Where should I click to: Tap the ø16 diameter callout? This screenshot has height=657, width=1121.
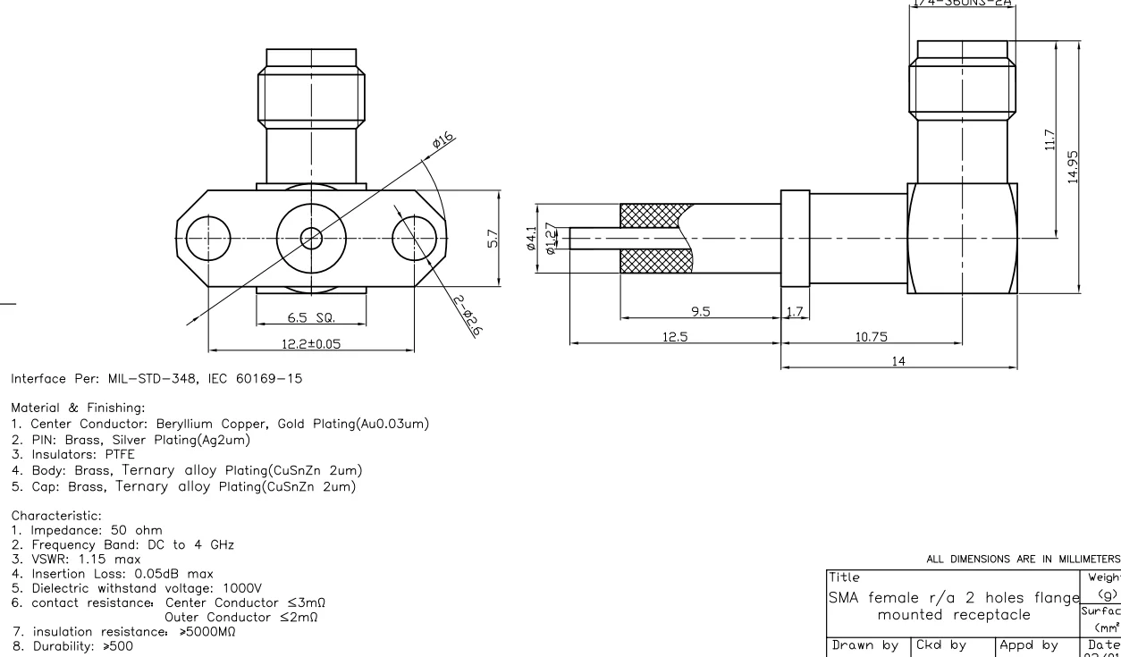point(442,139)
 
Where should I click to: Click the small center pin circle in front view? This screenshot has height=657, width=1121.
point(310,239)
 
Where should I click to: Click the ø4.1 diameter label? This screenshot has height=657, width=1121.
point(533,238)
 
